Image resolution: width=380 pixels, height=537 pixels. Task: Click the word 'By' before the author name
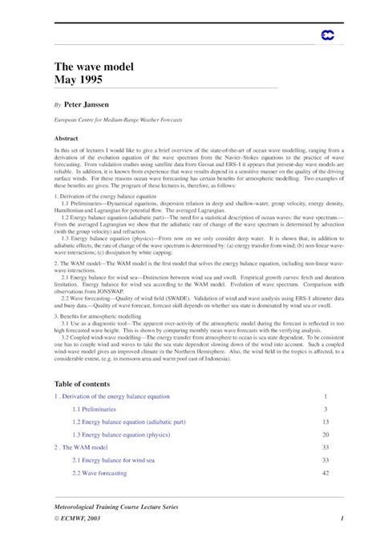(x=57, y=105)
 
